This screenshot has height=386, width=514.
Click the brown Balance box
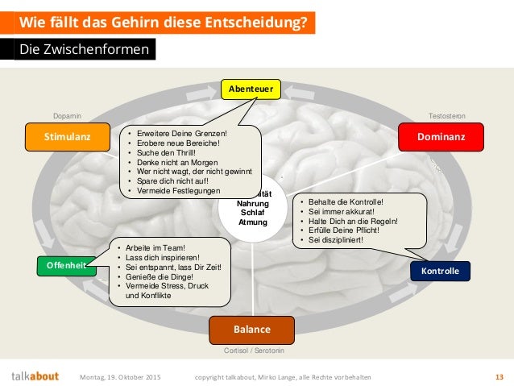(x=251, y=330)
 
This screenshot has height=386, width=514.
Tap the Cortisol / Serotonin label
(x=251, y=351)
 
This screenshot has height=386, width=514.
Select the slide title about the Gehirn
(x=163, y=22)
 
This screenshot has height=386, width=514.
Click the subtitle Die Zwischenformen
(x=84, y=50)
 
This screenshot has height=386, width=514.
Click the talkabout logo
(x=35, y=376)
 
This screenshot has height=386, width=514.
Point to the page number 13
(x=499, y=376)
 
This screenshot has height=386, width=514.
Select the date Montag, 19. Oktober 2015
(x=120, y=376)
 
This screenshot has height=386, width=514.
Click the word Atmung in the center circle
(x=252, y=222)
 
